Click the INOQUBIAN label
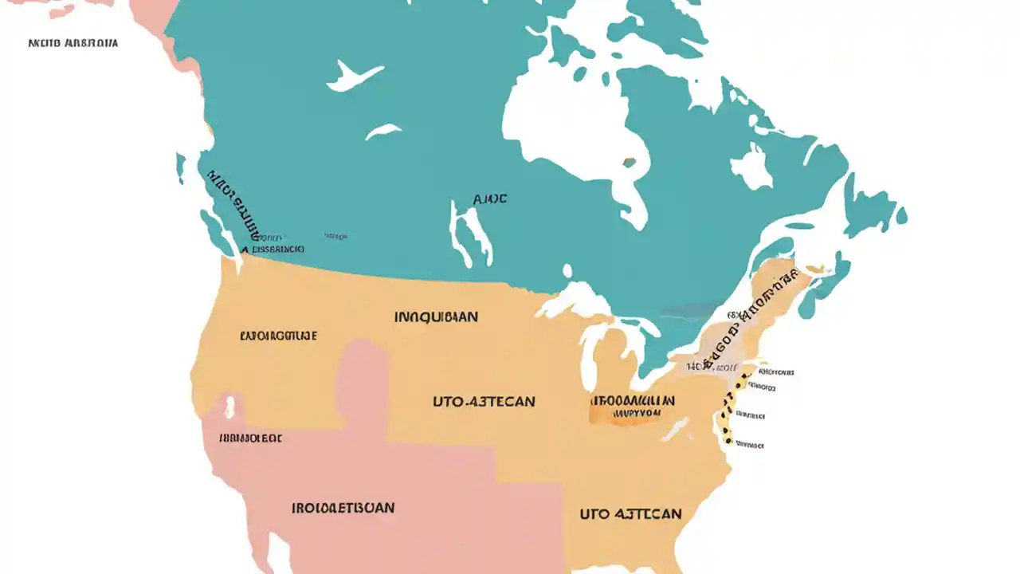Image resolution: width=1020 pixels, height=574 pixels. tap(436, 317)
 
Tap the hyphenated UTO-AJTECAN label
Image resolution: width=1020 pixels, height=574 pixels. tap(484, 402)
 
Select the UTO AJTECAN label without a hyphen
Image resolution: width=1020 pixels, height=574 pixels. tap(630, 513)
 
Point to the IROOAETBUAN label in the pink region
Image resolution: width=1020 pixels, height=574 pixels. tap(343, 508)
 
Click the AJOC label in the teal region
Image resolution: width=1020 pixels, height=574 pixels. tap(489, 199)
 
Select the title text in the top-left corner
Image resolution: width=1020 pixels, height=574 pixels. tap(73, 42)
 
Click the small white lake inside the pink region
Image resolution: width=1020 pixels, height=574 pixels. tap(231, 406)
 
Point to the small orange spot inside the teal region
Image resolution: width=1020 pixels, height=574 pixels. tap(630, 163)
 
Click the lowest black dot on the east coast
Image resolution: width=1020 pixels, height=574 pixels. tap(727, 439)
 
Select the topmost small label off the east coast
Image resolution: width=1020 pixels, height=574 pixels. tap(776, 372)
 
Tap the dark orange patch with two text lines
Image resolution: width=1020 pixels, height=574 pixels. tap(633, 407)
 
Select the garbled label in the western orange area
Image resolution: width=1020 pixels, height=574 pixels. tap(278, 336)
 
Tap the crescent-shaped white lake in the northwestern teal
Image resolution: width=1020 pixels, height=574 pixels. tap(354, 76)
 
